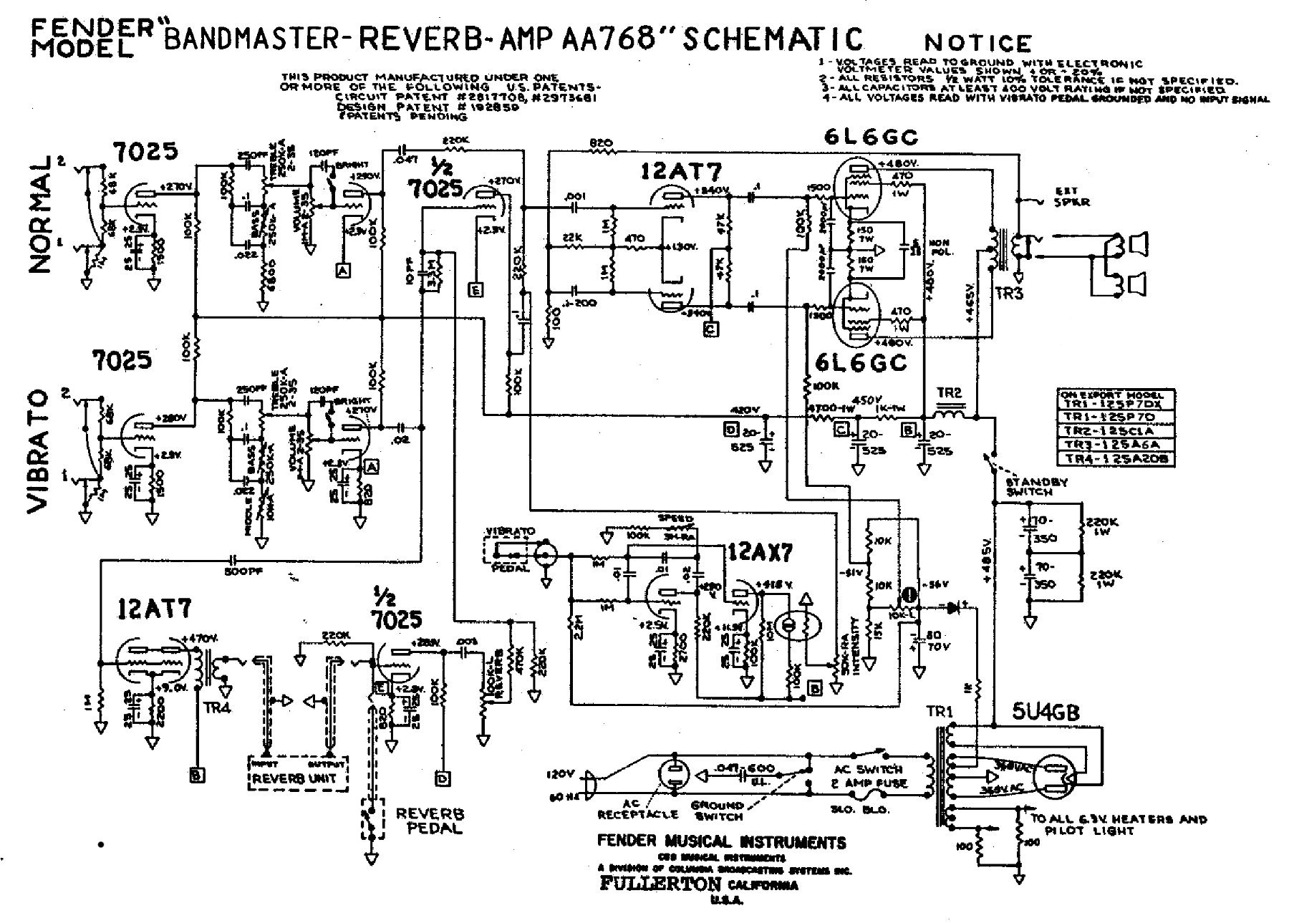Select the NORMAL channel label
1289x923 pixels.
pyautogui.click(x=41, y=214)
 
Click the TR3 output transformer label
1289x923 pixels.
pyautogui.click(x=1008, y=292)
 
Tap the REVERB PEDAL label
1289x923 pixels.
pyautogui.click(x=430, y=821)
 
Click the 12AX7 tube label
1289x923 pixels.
pyautogui.click(x=760, y=552)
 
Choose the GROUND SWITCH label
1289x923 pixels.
pyautogui.click(x=717, y=810)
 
